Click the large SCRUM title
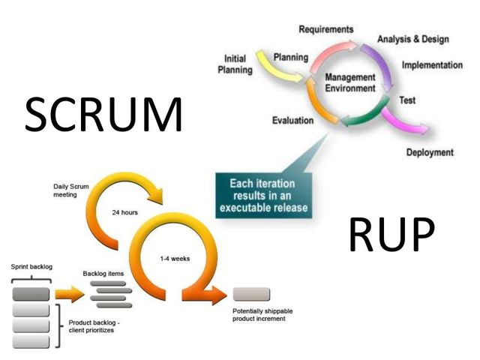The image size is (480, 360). [x=104, y=115]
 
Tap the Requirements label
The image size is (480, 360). [x=325, y=29]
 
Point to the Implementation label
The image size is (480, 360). [x=432, y=65]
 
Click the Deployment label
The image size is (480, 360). [x=430, y=152]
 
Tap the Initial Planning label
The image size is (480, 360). [x=234, y=64]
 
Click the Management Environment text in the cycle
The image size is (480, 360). [x=349, y=82]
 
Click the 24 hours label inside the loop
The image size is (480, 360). [x=124, y=212]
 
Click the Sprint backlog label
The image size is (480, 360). [x=31, y=267]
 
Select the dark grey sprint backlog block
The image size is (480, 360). [x=31, y=293]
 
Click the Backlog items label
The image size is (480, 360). [x=103, y=274]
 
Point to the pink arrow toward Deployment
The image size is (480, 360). [x=405, y=121]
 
